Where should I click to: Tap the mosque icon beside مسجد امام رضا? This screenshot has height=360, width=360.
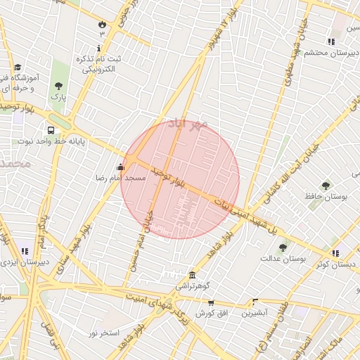(x=121, y=167)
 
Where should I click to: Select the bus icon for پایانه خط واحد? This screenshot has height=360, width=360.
(x=51, y=130)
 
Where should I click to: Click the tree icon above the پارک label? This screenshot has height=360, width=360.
(x=58, y=86)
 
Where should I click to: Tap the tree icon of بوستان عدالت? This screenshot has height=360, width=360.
(x=283, y=247)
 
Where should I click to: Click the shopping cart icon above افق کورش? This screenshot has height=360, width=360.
(x=210, y=302)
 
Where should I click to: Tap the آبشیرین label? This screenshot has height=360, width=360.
(x=255, y=313)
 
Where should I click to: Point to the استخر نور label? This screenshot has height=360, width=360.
(x=104, y=332)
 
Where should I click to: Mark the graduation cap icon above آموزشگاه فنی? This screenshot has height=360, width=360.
(x=17, y=66)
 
